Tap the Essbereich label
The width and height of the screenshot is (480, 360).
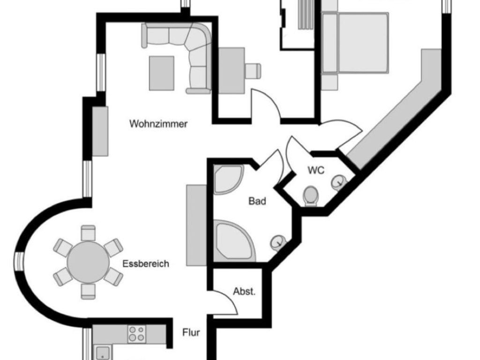145,264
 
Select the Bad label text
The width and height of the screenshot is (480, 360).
257,202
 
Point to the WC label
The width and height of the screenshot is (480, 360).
316,171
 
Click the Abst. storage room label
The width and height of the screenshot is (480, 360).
244,292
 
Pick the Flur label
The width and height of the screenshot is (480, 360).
191,333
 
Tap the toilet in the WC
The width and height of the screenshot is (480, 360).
310,195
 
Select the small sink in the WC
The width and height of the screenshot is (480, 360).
339,182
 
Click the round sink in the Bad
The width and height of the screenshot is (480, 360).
278,242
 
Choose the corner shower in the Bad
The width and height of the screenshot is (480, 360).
227,180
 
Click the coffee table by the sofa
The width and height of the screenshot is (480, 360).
162,73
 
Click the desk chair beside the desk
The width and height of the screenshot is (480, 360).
253,70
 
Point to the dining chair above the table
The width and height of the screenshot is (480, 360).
88,232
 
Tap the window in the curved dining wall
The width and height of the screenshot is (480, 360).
19,262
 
